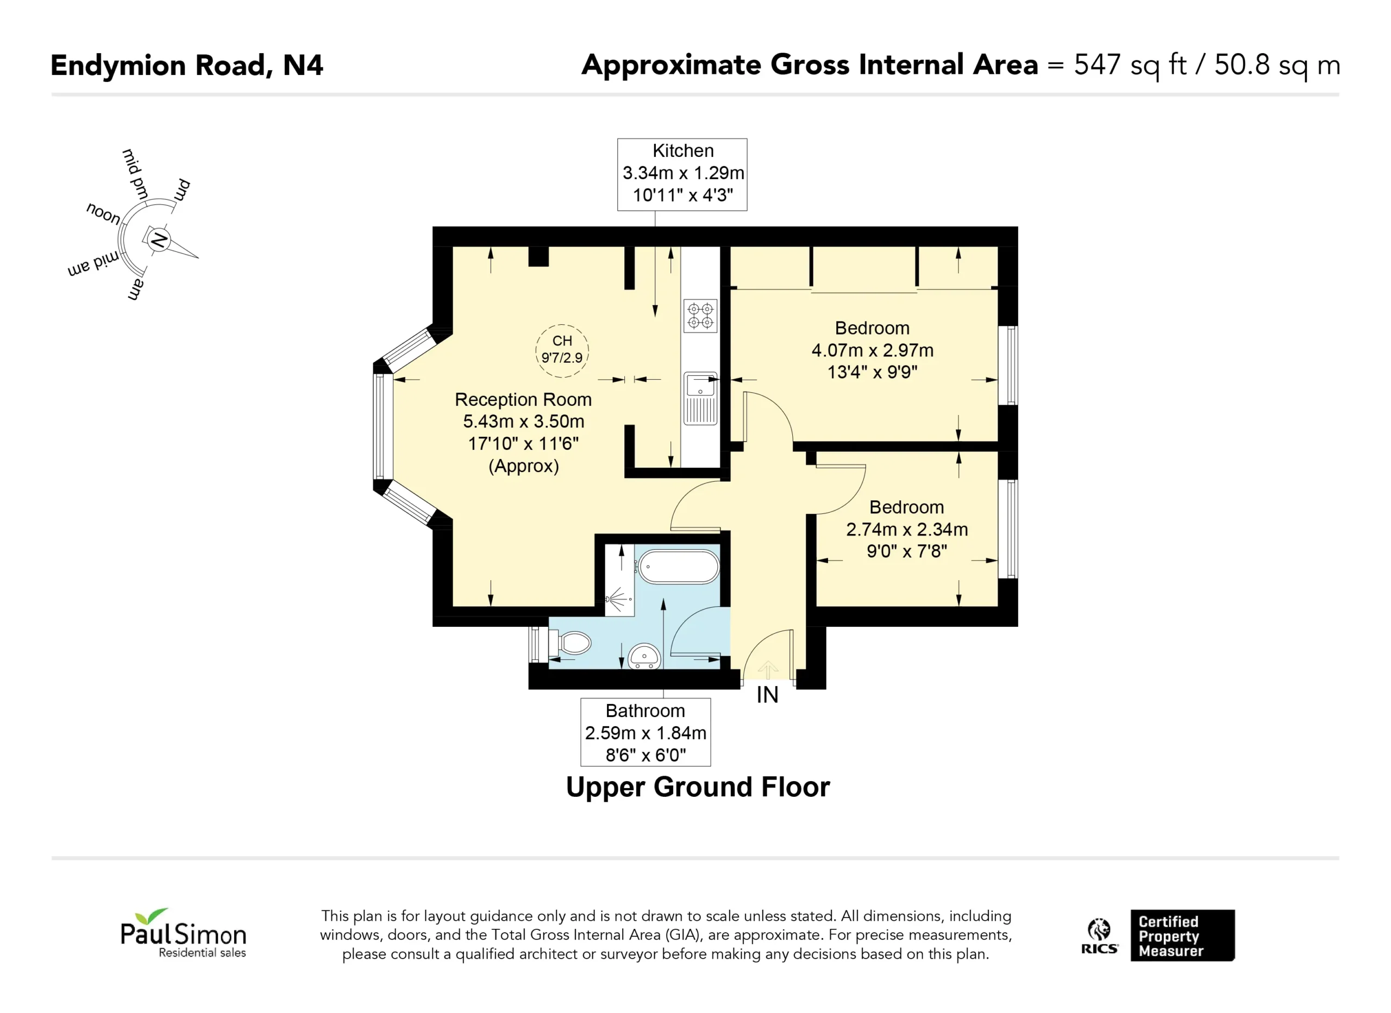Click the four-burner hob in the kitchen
tap(700, 316)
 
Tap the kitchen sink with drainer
tap(700, 398)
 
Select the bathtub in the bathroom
tap(678, 567)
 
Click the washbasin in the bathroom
tap(644, 656)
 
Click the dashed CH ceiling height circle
tap(562, 351)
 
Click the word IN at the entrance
tap(767, 695)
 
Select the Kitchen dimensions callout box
tap(682, 174)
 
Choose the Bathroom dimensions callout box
tap(646, 732)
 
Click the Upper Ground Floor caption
tap(698, 788)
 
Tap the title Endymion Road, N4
tap(186, 66)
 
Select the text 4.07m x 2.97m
tap(872, 350)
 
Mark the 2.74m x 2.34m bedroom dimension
tap(907, 529)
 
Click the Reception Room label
tap(523, 400)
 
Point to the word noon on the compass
tap(104, 213)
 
